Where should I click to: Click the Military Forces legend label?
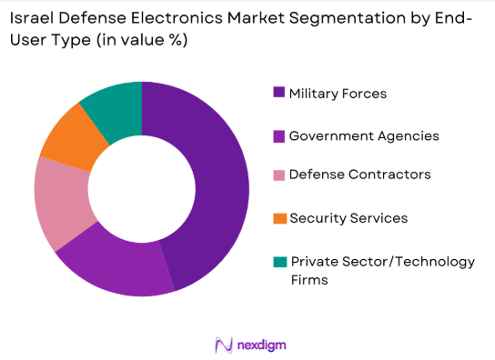[x=338, y=94]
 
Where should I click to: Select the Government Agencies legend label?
[x=364, y=135]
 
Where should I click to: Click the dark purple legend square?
[x=278, y=94]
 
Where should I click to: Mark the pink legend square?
[x=278, y=175]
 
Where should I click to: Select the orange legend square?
[x=278, y=218]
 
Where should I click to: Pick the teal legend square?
[x=278, y=262]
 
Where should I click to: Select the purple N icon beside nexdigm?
[x=223, y=345]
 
